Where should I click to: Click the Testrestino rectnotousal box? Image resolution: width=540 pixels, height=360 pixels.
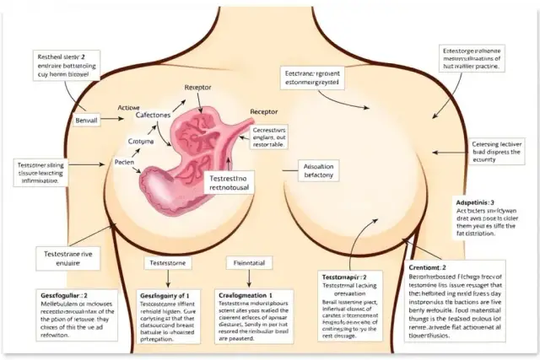(230, 183)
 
